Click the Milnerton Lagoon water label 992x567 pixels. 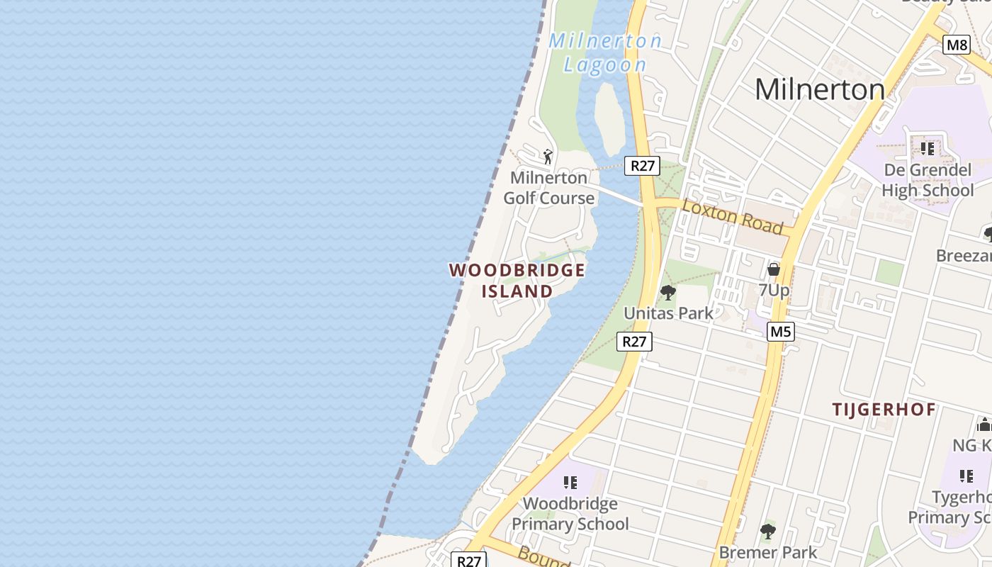[x=605, y=52]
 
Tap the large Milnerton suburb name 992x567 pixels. [x=819, y=89]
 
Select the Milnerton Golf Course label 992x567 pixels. [x=549, y=188]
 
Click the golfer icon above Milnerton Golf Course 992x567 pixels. [x=547, y=156]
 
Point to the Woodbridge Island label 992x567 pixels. [x=517, y=281]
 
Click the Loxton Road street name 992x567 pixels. [x=733, y=216]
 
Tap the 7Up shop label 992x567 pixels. [x=774, y=290]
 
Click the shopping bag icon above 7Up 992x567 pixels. [x=774, y=270]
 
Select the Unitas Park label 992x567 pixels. [x=668, y=313]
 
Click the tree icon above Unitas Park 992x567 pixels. [x=667, y=292]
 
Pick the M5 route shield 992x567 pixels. [x=780, y=332]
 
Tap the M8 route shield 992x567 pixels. [x=957, y=45]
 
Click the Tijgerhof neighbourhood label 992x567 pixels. [x=884, y=410]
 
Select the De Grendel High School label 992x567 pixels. [x=928, y=180]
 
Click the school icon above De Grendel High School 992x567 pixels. [x=927, y=149]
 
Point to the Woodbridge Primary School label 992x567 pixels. [x=570, y=514]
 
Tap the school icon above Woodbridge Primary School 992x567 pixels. [x=570, y=483]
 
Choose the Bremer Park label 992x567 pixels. [x=767, y=551]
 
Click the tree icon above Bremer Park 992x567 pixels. [x=767, y=531]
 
